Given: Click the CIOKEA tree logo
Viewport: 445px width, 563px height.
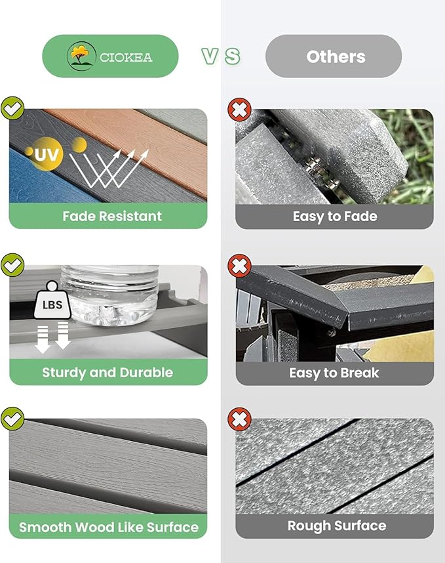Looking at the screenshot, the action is [x=81, y=56].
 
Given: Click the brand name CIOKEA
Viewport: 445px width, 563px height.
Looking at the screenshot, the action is [x=126, y=58].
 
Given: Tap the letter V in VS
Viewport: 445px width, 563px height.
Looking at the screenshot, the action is [x=210, y=56].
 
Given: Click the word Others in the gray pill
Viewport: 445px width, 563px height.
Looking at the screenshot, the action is [x=336, y=56].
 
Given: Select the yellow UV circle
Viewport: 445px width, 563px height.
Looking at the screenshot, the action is [x=46, y=154].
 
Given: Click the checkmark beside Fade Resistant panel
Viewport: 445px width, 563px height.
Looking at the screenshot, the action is [x=12, y=108].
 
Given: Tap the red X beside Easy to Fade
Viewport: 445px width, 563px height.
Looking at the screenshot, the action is [x=239, y=109].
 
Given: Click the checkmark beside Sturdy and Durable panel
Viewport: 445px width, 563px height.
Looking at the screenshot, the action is [x=12, y=265].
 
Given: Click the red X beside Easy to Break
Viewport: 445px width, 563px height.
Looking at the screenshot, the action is [x=239, y=266].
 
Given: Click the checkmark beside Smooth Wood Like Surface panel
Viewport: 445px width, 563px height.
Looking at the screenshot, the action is [x=12, y=419].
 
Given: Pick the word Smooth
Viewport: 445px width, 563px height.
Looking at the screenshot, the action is [x=45, y=527].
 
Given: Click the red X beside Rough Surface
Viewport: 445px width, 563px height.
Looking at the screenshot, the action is [x=239, y=419].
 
